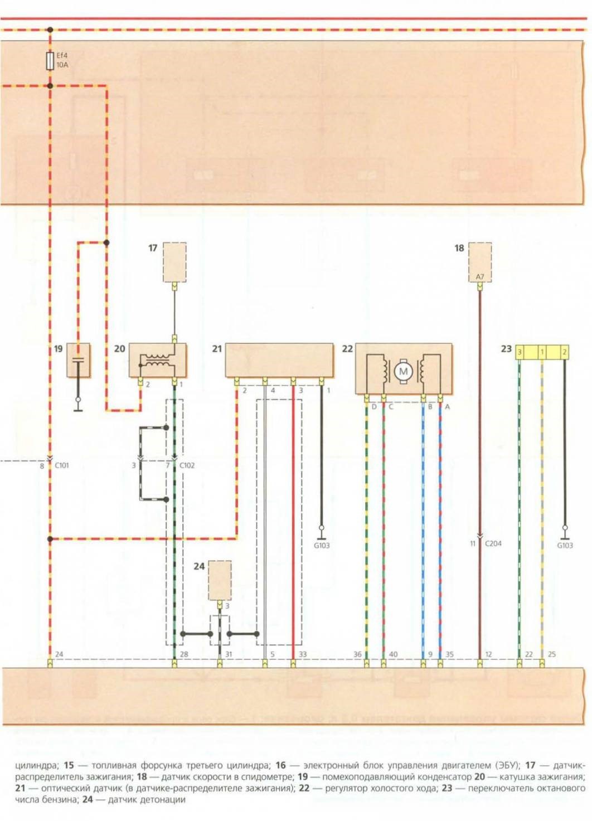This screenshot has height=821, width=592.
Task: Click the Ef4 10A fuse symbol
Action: [50, 61]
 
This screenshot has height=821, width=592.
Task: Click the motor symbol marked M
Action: [403, 371]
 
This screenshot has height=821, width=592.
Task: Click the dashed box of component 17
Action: [174, 261]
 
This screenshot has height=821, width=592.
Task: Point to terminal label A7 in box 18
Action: [480, 276]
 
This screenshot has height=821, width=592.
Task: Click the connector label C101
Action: [62, 465]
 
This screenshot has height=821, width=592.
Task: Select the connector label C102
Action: [187, 465]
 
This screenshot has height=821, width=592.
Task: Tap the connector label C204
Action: [493, 543]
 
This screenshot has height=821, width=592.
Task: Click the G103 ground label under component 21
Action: [322, 546]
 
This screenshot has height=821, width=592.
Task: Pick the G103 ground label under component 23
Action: [565, 546]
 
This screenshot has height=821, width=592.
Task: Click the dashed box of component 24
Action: [220, 580]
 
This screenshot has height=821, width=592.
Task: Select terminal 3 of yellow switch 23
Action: [520, 352]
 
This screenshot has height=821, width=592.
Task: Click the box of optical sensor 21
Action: [279, 360]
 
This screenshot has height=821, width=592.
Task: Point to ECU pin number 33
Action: [303, 654]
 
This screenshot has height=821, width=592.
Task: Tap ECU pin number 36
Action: [357, 654]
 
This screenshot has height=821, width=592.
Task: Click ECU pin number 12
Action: [488, 654]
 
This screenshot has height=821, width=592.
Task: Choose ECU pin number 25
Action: [551, 654]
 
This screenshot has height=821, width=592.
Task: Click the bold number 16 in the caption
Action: [280, 765]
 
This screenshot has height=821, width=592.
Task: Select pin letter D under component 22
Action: [374, 407]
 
